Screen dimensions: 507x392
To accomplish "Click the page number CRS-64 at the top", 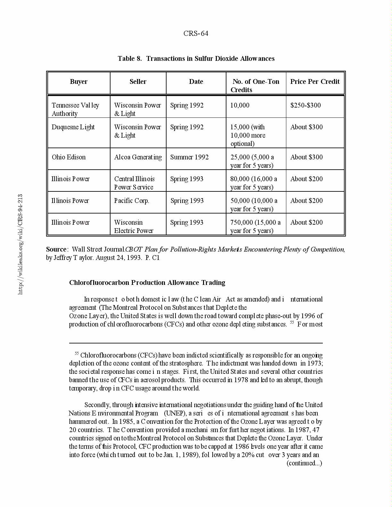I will [196, 34].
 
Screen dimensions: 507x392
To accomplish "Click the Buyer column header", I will [78, 82].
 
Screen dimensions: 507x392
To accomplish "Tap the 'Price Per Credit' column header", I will [315, 82].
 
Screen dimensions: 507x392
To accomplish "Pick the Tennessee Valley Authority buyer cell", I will [75, 109].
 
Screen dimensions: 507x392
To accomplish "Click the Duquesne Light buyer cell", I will [73, 127].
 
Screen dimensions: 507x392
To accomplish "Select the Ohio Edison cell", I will [69, 157].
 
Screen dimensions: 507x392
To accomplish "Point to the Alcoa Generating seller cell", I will [138, 157].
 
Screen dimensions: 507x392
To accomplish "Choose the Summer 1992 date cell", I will [189, 157].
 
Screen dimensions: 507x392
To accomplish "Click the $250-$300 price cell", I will [306, 105].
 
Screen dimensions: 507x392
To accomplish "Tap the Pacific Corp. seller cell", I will [132, 201].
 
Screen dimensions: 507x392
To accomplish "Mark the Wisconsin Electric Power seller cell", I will [134, 227].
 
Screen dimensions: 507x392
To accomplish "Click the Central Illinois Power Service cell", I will [134, 183].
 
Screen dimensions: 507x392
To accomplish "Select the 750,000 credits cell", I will [255, 227].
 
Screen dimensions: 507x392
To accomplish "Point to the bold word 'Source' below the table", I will [56, 249].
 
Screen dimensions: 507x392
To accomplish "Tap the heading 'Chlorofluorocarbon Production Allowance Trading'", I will [147, 283].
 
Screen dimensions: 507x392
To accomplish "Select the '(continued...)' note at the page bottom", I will [304, 463].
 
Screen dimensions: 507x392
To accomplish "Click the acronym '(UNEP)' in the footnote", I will [175, 413].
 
